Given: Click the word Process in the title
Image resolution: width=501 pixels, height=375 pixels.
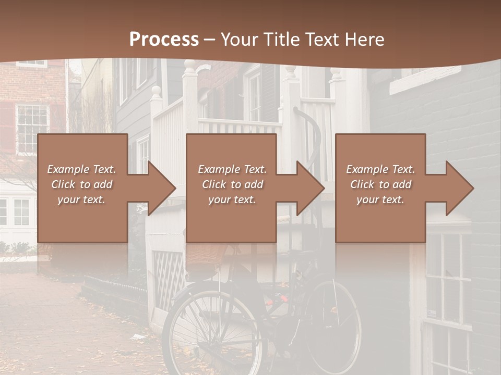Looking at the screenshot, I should pos(164,40).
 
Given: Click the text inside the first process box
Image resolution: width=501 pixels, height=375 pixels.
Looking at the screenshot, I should pos(81,184).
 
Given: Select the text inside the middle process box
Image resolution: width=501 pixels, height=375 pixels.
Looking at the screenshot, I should pos(232,184).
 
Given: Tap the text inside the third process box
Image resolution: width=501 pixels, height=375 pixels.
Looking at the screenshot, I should pos(380,184).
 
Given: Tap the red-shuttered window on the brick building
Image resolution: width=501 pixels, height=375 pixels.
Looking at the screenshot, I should pos(32,128).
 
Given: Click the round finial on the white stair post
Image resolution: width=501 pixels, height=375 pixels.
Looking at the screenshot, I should pos(156,91).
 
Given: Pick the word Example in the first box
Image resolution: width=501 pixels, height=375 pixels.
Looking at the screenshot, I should pos(68,169).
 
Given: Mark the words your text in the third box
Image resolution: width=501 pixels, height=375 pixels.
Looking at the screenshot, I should pos(380,199).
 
